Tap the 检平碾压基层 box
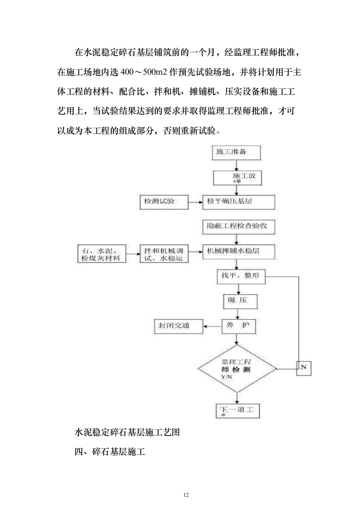point(238,202)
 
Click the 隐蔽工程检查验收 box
point(238,226)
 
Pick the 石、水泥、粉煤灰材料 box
point(102,253)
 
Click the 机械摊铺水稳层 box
point(238,251)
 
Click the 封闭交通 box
point(178,326)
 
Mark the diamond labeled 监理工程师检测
point(237,368)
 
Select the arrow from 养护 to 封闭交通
point(212,326)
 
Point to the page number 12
point(185,495)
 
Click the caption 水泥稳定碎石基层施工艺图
point(127,432)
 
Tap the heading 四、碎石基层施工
point(110,453)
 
